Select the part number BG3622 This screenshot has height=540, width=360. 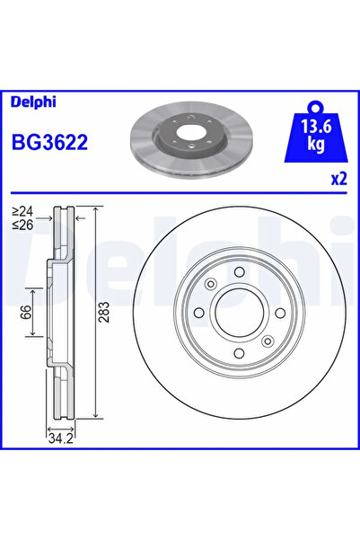pyautogui.click(x=48, y=141)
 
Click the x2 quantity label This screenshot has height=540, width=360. pyautogui.click(x=338, y=178)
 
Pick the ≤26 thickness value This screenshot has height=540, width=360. pyautogui.click(x=22, y=225)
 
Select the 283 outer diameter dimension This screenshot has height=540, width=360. pyautogui.click(x=105, y=313)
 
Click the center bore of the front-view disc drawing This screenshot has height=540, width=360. pyautogui.click(x=241, y=313)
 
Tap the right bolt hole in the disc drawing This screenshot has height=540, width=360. pyautogui.click(x=279, y=313)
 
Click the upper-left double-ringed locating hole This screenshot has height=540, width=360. pyautogui.click(x=211, y=285)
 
